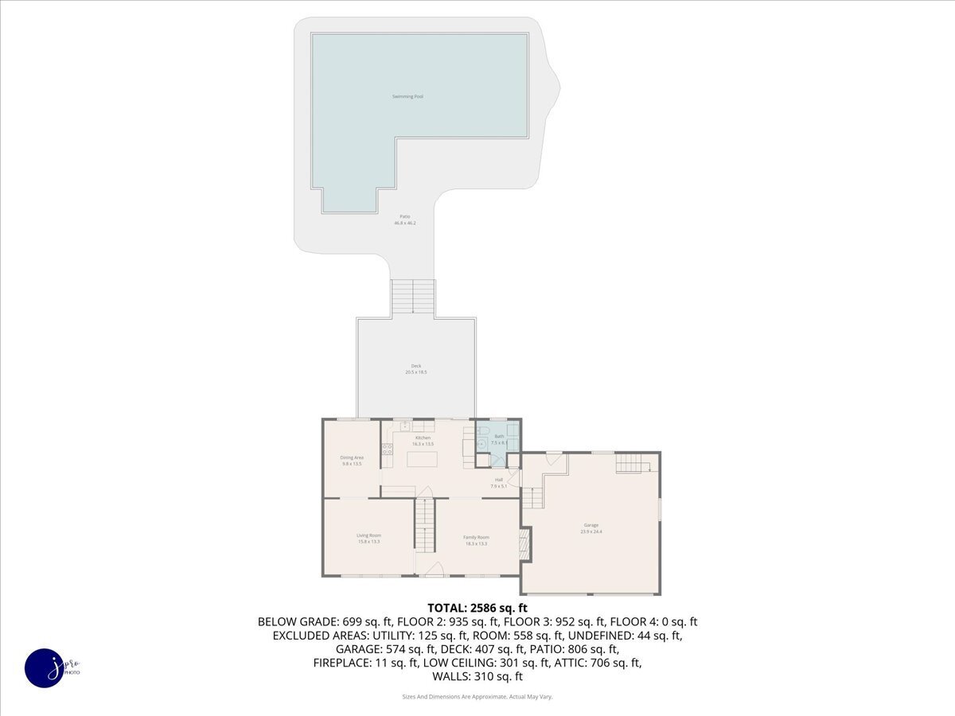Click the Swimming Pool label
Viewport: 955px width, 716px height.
[x=407, y=96]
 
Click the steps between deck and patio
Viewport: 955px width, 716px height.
[x=413, y=298]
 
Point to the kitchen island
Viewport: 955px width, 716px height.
[x=422, y=459]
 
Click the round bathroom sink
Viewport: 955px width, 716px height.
[x=482, y=443]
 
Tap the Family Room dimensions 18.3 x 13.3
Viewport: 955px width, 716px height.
[x=476, y=543]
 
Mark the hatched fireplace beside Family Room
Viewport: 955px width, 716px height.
[x=524, y=545]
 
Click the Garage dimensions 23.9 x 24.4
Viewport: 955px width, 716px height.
[x=591, y=531]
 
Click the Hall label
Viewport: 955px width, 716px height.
[x=499, y=480]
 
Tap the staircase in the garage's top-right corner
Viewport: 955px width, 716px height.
[x=634, y=462]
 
